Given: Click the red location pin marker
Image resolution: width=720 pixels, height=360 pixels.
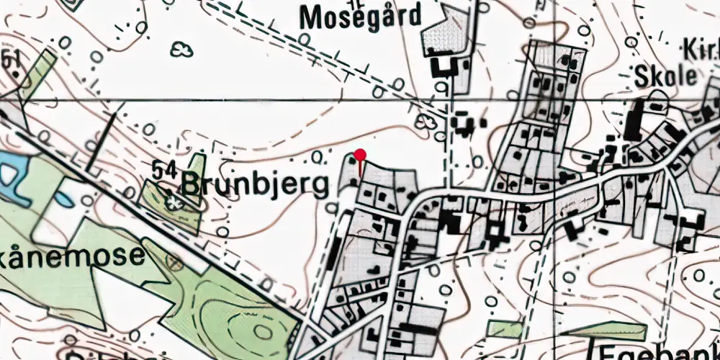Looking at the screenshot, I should [x=361, y=155].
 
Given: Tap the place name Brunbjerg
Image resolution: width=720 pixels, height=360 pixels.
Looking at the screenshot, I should [x=255, y=184].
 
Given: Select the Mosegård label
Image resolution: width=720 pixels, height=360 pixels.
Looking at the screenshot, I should [x=359, y=16].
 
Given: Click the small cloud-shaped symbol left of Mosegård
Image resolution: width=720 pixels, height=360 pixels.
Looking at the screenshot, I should [x=182, y=49].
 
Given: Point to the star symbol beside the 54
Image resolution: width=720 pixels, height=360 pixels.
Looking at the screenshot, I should [x=175, y=202].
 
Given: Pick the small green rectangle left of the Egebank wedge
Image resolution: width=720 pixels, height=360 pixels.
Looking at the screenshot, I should [x=504, y=329].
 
